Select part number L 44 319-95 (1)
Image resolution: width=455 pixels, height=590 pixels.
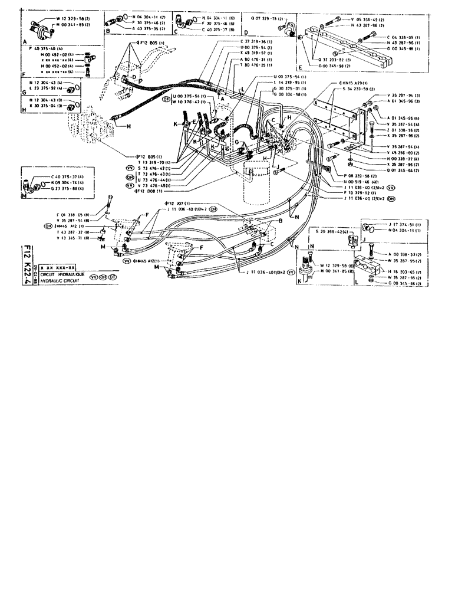point(289,83)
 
